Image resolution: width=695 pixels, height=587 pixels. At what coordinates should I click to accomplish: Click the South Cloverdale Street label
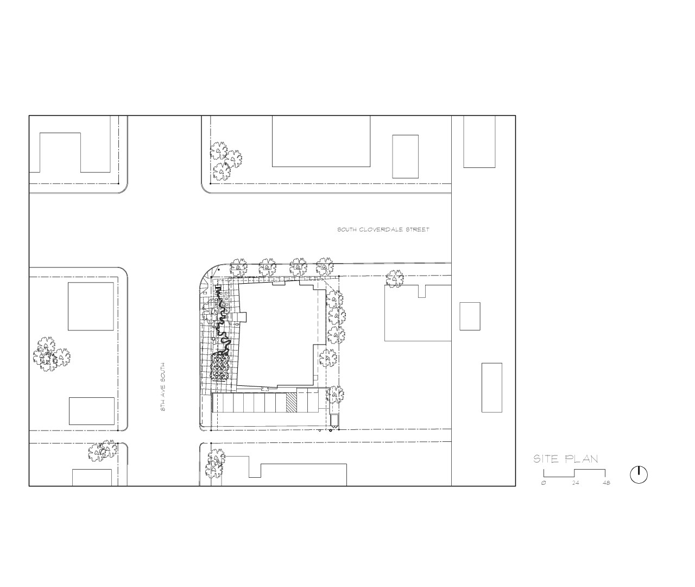point(383,229)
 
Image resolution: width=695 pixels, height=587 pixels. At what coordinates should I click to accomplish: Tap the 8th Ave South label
point(163,387)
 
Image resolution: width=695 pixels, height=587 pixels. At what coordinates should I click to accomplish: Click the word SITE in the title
point(546,459)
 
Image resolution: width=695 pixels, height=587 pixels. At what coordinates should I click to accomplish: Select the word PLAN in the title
point(582,459)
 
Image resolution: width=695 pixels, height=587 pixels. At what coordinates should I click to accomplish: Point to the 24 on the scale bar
point(576,483)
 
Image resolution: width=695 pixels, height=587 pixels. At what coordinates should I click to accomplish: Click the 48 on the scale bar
point(606,483)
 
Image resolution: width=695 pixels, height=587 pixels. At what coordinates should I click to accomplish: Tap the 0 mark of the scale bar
point(544,483)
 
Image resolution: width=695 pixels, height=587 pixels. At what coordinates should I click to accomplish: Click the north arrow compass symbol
point(639,474)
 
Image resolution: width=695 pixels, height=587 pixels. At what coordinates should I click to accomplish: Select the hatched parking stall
point(291,402)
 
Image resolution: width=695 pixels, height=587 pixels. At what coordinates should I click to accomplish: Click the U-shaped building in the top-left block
point(70,153)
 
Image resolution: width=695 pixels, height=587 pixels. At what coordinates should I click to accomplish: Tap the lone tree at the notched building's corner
point(395,279)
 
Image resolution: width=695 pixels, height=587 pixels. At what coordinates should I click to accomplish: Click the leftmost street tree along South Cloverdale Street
point(238,267)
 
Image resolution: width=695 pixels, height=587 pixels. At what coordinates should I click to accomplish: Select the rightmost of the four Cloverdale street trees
point(325,266)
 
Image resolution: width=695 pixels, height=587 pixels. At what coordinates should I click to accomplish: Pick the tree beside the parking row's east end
point(335,395)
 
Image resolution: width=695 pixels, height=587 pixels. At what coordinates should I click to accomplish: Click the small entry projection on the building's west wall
point(242,317)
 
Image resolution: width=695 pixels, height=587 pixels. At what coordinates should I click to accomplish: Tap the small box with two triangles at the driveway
point(334,421)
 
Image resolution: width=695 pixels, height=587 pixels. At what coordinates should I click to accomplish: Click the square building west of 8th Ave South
point(91,307)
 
